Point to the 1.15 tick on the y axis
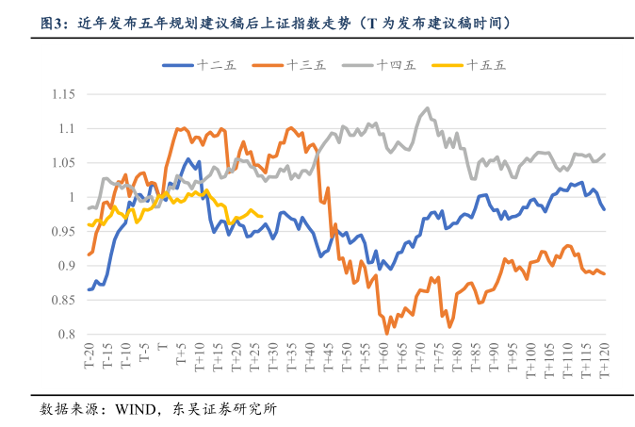pyautogui.click(x=62, y=94)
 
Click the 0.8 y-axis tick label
pyautogui.click(x=66, y=335)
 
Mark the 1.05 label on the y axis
pyautogui.click(x=62, y=163)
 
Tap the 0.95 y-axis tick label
pyautogui.click(x=62, y=232)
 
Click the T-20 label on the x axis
pyautogui.click(x=89, y=358)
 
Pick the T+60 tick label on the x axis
pyautogui.click(x=383, y=359)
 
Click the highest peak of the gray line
pyautogui.click(x=428, y=108)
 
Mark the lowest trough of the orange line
pyautogui.click(x=387, y=334)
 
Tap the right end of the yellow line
pyautogui.click(x=261, y=216)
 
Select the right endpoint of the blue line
pyautogui.click(x=604, y=209)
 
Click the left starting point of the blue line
pyautogui.click(x=89, y=289)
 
